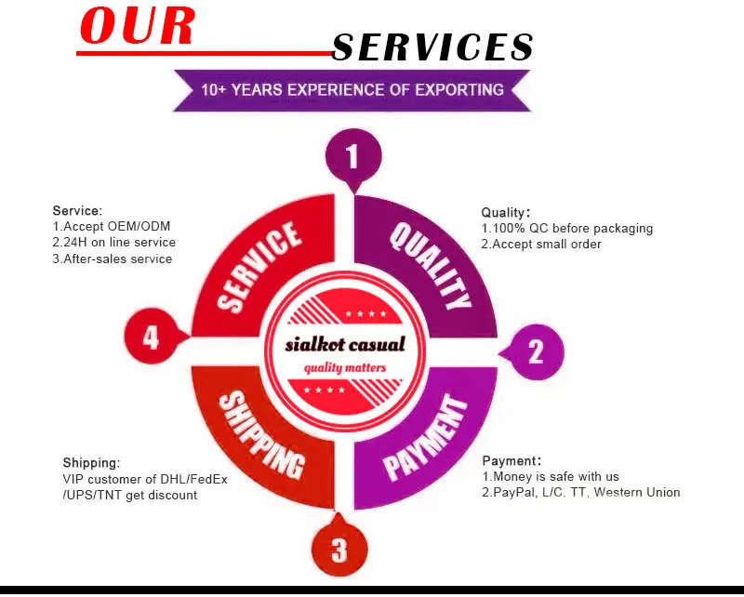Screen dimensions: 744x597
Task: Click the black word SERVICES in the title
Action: (432, 46)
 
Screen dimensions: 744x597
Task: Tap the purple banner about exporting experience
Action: (352, 90)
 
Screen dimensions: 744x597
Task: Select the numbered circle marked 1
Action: (352, 155)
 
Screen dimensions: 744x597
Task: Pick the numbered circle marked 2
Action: (536, 352)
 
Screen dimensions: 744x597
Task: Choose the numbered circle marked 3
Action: (339, 550)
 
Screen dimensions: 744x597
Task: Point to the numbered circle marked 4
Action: (152, 337)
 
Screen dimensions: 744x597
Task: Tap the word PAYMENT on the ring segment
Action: (426, 437)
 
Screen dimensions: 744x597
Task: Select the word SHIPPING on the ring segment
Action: (261, 433)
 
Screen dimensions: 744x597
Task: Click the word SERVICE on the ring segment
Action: (259, 266)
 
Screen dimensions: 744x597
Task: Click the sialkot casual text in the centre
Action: (345, 345)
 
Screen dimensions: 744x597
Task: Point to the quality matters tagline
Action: (345, 368)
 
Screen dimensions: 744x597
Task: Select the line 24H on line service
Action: (113, 243)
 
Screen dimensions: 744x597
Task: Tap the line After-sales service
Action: (113, 259)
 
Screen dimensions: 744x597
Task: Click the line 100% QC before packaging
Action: (567, 229)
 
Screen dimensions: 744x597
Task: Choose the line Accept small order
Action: (541, 245)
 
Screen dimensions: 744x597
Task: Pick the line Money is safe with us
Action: (551, 477)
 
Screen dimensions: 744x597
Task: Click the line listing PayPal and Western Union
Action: (581, 493)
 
